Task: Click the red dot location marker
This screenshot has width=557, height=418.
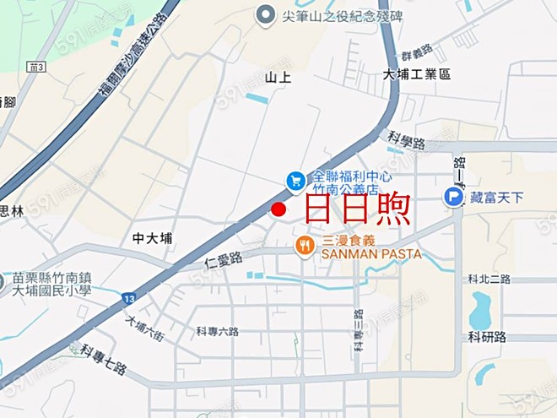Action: point(278,209)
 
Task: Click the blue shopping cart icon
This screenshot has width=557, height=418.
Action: point(295,180)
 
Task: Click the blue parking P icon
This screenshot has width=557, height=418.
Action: point(453,198)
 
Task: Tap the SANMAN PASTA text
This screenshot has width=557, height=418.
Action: point(371,253)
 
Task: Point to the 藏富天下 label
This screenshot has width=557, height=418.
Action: point(497,198)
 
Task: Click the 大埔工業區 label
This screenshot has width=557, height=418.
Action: point(417,74)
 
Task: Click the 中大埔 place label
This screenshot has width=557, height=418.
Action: point(152,239)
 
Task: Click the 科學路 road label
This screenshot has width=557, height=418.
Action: point(406,136)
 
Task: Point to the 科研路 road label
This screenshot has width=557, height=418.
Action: point(487,336)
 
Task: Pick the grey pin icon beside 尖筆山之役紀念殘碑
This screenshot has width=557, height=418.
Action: point(267,14)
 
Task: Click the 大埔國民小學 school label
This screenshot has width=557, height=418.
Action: point(51,284)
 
